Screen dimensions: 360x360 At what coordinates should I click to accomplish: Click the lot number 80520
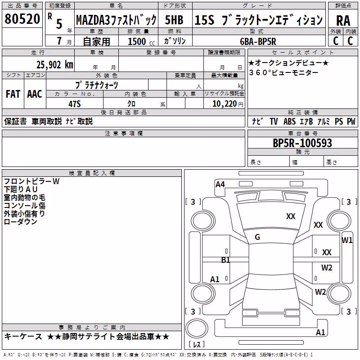point(22,18)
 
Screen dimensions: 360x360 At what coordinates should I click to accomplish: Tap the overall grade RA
point(343,21)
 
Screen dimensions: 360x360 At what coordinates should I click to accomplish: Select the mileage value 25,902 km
point(55,65)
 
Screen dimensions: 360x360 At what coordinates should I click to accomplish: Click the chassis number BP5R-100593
point(302,143)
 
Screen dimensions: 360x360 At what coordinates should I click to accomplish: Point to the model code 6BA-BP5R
point(258,41)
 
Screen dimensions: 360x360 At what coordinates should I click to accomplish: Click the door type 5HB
point(174,20)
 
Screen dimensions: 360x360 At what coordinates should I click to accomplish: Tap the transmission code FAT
point(13,94)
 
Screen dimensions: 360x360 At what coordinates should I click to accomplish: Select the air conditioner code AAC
point(35,94)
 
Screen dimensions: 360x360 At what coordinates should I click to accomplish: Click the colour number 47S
point(75,104)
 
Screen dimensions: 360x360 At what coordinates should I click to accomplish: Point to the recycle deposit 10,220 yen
point(228,104)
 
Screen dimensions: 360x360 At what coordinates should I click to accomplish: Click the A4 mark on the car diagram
point(220,184)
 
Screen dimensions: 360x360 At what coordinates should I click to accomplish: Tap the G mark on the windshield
point(257,237)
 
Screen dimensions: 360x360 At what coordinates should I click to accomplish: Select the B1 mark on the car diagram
point(225,260)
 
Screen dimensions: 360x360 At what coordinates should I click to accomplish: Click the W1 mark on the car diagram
point(347,240)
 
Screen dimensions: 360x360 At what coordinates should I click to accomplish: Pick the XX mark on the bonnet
point(291,216)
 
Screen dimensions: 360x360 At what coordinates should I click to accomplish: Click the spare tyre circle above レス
point(197,328)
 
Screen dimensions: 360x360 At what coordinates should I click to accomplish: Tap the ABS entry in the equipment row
point(289,121)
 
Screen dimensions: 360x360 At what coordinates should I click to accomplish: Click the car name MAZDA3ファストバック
point(116,20)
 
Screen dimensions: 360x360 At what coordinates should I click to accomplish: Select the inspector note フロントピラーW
point(31,181)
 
